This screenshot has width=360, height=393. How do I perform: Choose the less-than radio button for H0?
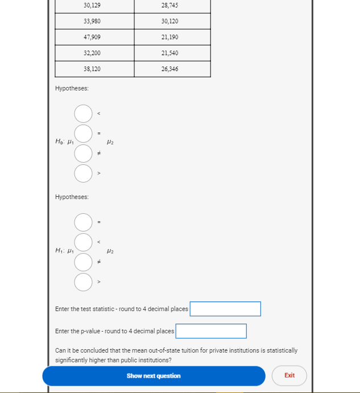(x=83, y=114)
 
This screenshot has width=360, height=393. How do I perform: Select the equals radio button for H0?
(x=83, y=134)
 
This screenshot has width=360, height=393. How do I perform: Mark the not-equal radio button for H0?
(x=83, y=154)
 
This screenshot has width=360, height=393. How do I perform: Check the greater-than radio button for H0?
(x=83, y=173)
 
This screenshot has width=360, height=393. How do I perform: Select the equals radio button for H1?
(x=83, y=222)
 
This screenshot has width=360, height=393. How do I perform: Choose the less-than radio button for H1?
(x=83, y=242)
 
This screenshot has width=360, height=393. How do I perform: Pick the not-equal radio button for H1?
(x=83, y=262)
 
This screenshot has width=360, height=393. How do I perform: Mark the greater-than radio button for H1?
(x=83, y=281)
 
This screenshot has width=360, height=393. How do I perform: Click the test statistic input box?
(x=225, y=309)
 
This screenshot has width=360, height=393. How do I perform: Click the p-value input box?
(x=211, y=331)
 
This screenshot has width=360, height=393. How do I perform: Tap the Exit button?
(x=289, y=375)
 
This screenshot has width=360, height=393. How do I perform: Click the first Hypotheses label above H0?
(x=72, y=88)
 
